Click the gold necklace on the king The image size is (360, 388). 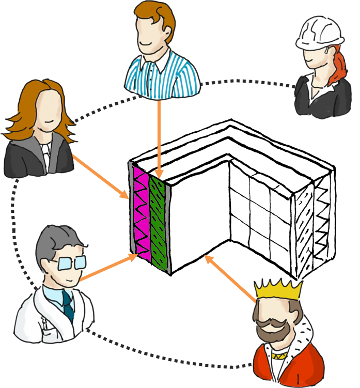point(279,355)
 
